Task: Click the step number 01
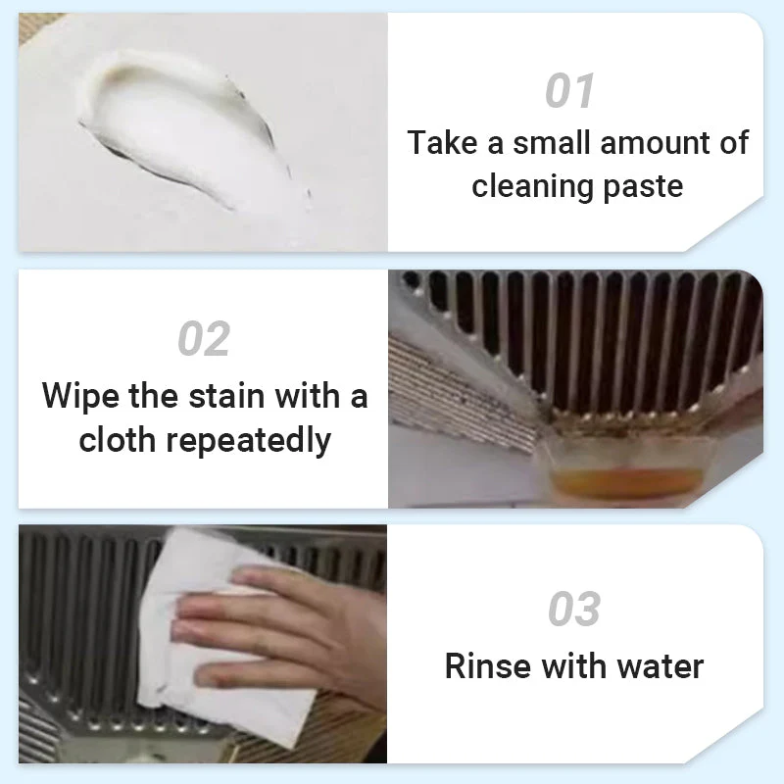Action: (x=569, y=91)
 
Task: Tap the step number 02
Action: (x=204, y=339)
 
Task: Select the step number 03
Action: (x=574, y=610)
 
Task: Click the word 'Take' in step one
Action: (x=441, y=143)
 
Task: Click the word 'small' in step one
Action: (x=553, y=143)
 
